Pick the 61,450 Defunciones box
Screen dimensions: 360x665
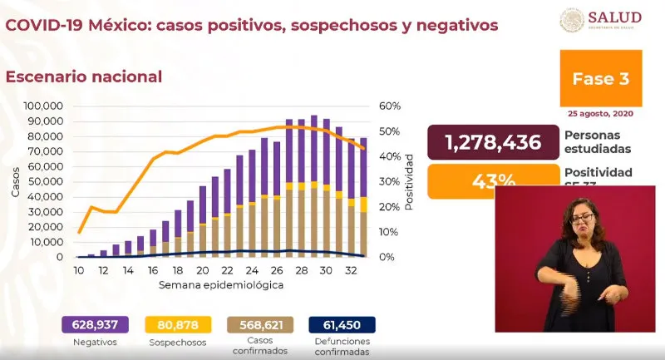point(343,325)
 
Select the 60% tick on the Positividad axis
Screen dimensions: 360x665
point(390,106)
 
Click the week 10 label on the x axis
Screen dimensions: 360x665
point(79,271)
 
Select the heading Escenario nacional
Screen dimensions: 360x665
point(84,76)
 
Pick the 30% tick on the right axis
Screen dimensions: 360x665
point(390,182)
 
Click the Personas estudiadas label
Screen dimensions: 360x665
point(597,141)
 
